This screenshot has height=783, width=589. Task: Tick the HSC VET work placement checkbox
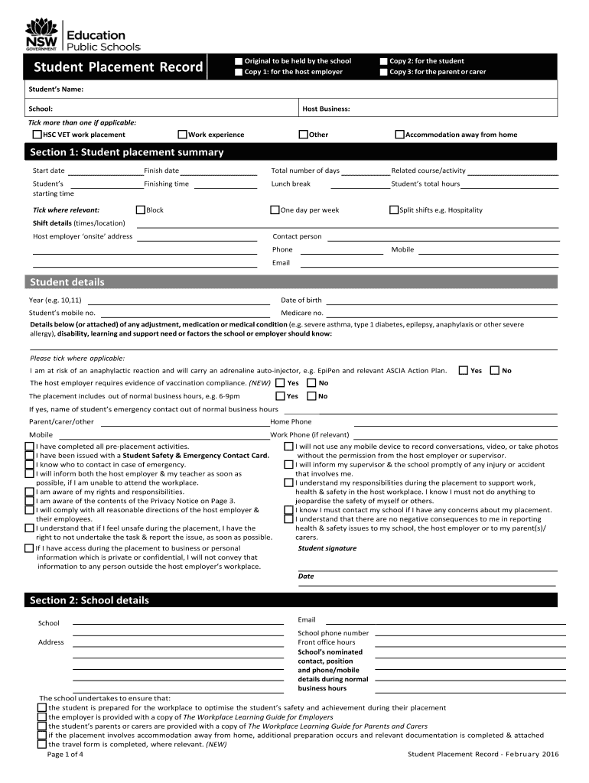pyautogui.click(x=37, y=135)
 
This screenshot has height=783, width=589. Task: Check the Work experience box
pyautogui.click(x=182, y=135)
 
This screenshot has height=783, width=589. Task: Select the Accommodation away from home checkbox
pyautogui.click(x=399, y=135)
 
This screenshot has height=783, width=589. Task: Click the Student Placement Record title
pyautogui.click(x=118, y=69)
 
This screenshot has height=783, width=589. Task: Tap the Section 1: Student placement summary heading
pyautogui.click(x=126, y=152)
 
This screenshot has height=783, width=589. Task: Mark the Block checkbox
pyautogui.click(x=140, y=210)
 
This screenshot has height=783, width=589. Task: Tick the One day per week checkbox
pyautogui.click(x=275, y=210)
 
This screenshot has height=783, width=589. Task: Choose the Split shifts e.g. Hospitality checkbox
pyautogui.click(x=394, y=210)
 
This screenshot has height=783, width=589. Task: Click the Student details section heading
pyautogui.click(x=67, y=282)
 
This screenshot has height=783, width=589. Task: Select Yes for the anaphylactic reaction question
pyautogui.click(x=463, y=371)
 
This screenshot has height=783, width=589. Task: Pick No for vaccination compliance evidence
pyautogui.click(x=311, y=383)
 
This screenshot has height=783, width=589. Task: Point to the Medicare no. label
pyautogui.click(x=301, y=313)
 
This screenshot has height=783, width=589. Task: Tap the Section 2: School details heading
pyautogui.click(x=89, y=600)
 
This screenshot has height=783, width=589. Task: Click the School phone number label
pyautogui.click(x=333, y=633)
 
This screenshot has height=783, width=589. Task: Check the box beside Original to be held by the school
pyautogui.click(x=238, y=61)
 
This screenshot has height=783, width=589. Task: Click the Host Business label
pyautogui.click(x=326, y=109)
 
